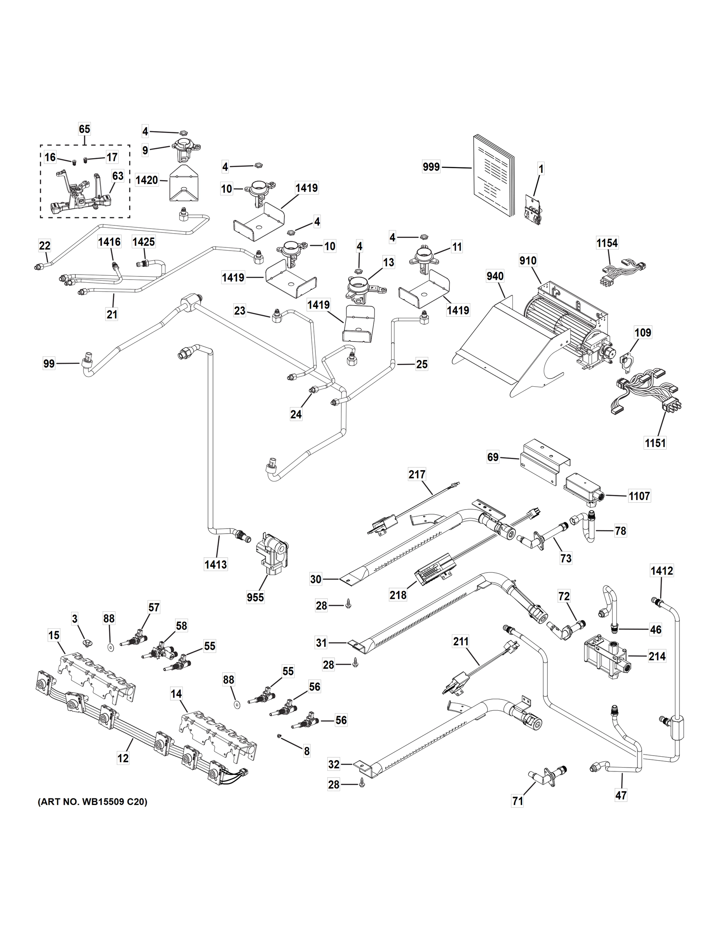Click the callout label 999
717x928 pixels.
point(431,167)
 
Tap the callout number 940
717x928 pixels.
point(495,276)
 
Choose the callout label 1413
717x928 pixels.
point(216,564)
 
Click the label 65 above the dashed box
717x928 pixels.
point(85,129)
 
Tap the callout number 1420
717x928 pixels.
point(146,180)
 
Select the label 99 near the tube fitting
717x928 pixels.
point(49,363)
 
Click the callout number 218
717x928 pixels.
point(398,595)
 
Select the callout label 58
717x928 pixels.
point(181,626)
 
